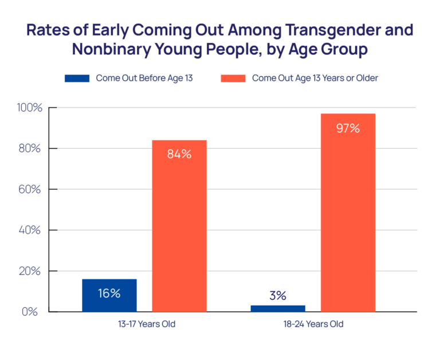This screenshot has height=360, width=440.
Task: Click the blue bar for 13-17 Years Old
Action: click(109, 295)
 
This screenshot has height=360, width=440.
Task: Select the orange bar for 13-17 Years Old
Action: click(179, 226)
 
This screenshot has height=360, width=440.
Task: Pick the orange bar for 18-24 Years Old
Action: click(348, 213)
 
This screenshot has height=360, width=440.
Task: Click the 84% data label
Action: click(179, 154)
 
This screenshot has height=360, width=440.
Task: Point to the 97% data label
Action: click(348, 128)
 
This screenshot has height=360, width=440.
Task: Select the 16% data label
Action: click(109, 294)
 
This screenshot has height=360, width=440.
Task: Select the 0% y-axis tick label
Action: click(32, 312)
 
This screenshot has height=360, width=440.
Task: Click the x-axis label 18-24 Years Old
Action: click(313, 325)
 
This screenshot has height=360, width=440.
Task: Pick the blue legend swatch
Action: click(77, 78)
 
